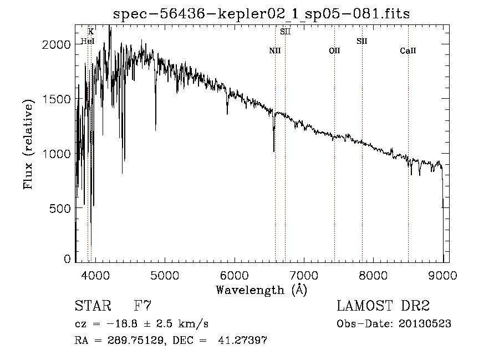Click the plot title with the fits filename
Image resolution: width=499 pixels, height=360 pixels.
261,14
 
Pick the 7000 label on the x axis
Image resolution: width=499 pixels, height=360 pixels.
304,275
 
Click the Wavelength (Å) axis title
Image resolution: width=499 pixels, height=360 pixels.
261,290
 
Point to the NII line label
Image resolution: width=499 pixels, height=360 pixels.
275,51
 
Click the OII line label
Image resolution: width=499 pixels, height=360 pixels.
334,51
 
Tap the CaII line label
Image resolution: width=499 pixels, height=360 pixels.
408,51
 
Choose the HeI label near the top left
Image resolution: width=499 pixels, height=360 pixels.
88,41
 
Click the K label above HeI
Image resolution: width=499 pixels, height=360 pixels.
91,32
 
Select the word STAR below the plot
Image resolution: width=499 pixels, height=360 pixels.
93,306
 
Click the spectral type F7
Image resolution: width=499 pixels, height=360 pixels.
142,306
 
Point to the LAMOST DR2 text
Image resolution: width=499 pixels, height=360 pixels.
383,306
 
